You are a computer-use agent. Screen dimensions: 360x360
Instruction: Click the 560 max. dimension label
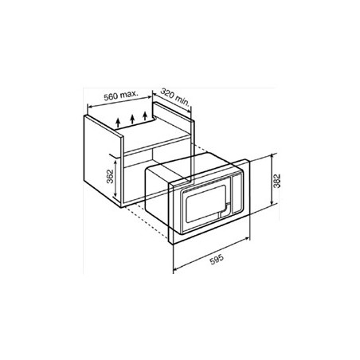(120, 96)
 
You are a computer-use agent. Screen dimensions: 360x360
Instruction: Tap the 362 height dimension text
(110, 176)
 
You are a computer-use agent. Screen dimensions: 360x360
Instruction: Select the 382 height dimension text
(276, 181)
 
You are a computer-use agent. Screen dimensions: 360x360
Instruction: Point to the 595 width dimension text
(217, 260)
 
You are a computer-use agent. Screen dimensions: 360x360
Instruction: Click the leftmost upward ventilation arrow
(118, 124)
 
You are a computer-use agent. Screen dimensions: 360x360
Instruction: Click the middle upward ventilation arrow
(132, 119)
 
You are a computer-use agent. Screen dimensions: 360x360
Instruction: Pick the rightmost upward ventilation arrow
(145, 115)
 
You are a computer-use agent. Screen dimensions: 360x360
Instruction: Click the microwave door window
(205, 204)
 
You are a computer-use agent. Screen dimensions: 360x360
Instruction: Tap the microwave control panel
(237, 194)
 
